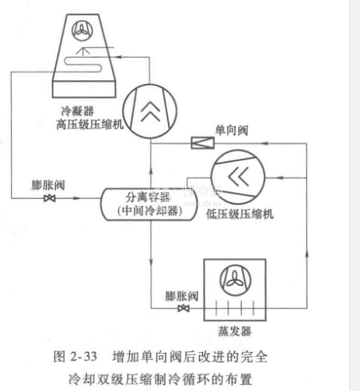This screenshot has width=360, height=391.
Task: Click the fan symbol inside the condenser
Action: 82,30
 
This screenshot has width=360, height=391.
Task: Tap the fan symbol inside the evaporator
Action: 236,280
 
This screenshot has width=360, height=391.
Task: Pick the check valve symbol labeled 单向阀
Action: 203,143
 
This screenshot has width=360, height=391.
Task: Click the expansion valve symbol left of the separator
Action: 50,198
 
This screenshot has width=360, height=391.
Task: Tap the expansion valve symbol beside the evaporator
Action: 183,309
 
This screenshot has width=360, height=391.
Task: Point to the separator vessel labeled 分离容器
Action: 149,204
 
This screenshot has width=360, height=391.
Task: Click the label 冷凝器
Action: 78,111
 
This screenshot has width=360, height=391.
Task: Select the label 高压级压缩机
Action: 89,124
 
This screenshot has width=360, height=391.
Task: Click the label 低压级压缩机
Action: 239,215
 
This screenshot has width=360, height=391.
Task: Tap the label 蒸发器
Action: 235,331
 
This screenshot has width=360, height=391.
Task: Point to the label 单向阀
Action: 232,131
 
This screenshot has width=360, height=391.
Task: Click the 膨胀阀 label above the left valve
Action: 48,185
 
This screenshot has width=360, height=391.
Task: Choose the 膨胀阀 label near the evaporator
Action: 182,296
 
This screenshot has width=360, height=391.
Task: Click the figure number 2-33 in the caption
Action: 83,357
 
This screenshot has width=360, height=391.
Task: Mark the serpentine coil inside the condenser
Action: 83,65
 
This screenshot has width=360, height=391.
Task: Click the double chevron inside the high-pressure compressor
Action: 150,111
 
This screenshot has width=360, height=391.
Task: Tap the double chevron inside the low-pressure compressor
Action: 239,177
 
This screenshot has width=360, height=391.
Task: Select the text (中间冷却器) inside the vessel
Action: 149,211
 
